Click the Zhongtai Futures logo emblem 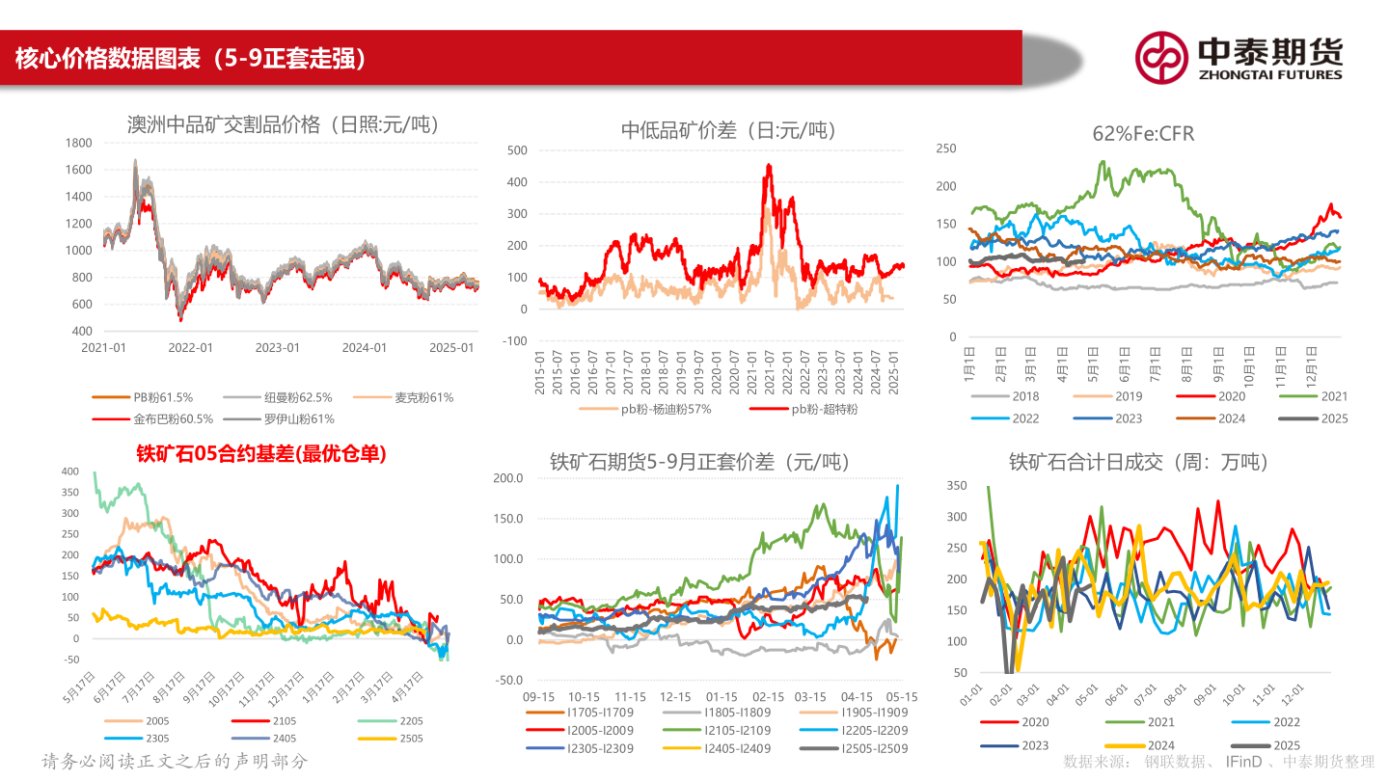1160,57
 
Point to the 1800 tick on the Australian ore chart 79,143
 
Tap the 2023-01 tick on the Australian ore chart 278,348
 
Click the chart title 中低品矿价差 728,130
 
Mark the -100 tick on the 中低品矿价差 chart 514,340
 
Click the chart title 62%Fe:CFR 1143,134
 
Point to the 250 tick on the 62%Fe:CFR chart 945,148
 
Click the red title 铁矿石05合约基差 260,454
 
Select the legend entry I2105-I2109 738,730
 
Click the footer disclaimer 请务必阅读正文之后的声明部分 175,762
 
